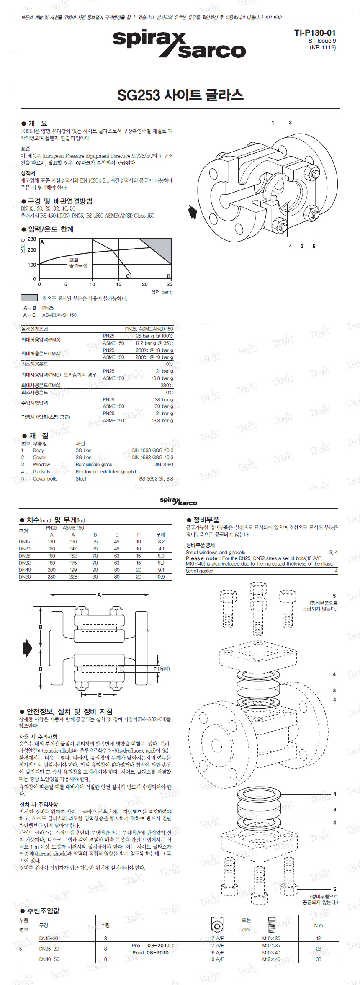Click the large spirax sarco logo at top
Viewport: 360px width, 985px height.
pos(179,44)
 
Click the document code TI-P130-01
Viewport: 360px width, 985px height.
pos(314,33)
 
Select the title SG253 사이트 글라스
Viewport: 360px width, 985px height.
pos(180,95)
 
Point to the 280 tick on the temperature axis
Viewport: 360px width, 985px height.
pos(32,239)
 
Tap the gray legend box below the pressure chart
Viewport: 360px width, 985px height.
pos(29,298)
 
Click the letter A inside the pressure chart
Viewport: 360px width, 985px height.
pos(42,242)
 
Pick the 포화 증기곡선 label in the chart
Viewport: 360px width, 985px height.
pos(78,263)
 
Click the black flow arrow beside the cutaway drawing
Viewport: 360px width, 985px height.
pos(192,212)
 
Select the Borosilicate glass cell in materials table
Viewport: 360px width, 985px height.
pos(94,465)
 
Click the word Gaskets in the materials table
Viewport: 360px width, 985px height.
pos(41,472)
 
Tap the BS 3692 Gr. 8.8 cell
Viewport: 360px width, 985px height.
pos(156,478)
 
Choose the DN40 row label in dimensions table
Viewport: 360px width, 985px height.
pos(24,570)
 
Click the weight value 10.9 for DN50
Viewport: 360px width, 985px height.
pos(160,577)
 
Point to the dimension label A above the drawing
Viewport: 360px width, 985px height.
pos(99,594)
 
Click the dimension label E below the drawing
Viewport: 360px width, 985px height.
pos(100,695)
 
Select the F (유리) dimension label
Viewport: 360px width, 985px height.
pos(161,669)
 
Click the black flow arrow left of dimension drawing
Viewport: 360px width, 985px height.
pos(27,648)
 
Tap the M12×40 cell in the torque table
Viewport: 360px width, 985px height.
pos(271,959)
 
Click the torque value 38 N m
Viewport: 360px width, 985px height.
pos(319,959)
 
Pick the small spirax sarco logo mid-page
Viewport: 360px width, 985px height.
pos(178,501)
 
